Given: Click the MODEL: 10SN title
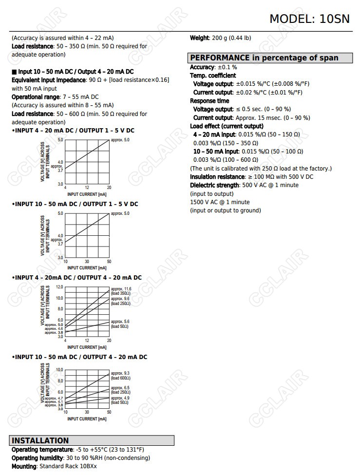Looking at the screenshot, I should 310,19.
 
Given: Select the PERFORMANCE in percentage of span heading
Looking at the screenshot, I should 264,58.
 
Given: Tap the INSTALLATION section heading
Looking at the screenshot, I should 40,440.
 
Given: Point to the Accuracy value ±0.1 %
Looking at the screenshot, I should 227,67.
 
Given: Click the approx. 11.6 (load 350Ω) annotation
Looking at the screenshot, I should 121,291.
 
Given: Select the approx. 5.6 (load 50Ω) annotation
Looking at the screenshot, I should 120,323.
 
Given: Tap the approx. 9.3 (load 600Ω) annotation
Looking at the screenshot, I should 120,375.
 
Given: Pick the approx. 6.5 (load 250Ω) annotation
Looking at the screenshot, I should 120,390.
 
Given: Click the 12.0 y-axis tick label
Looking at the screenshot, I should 59,287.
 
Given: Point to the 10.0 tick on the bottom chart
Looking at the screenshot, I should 59,370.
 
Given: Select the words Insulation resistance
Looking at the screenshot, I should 216,177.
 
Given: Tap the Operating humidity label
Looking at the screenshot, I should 38,458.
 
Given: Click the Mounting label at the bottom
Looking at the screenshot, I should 24,466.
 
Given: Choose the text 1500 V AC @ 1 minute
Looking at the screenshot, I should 220,202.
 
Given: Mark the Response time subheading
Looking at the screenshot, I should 209,101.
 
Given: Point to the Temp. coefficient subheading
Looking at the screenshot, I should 213,76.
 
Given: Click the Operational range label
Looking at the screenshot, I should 35,97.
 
